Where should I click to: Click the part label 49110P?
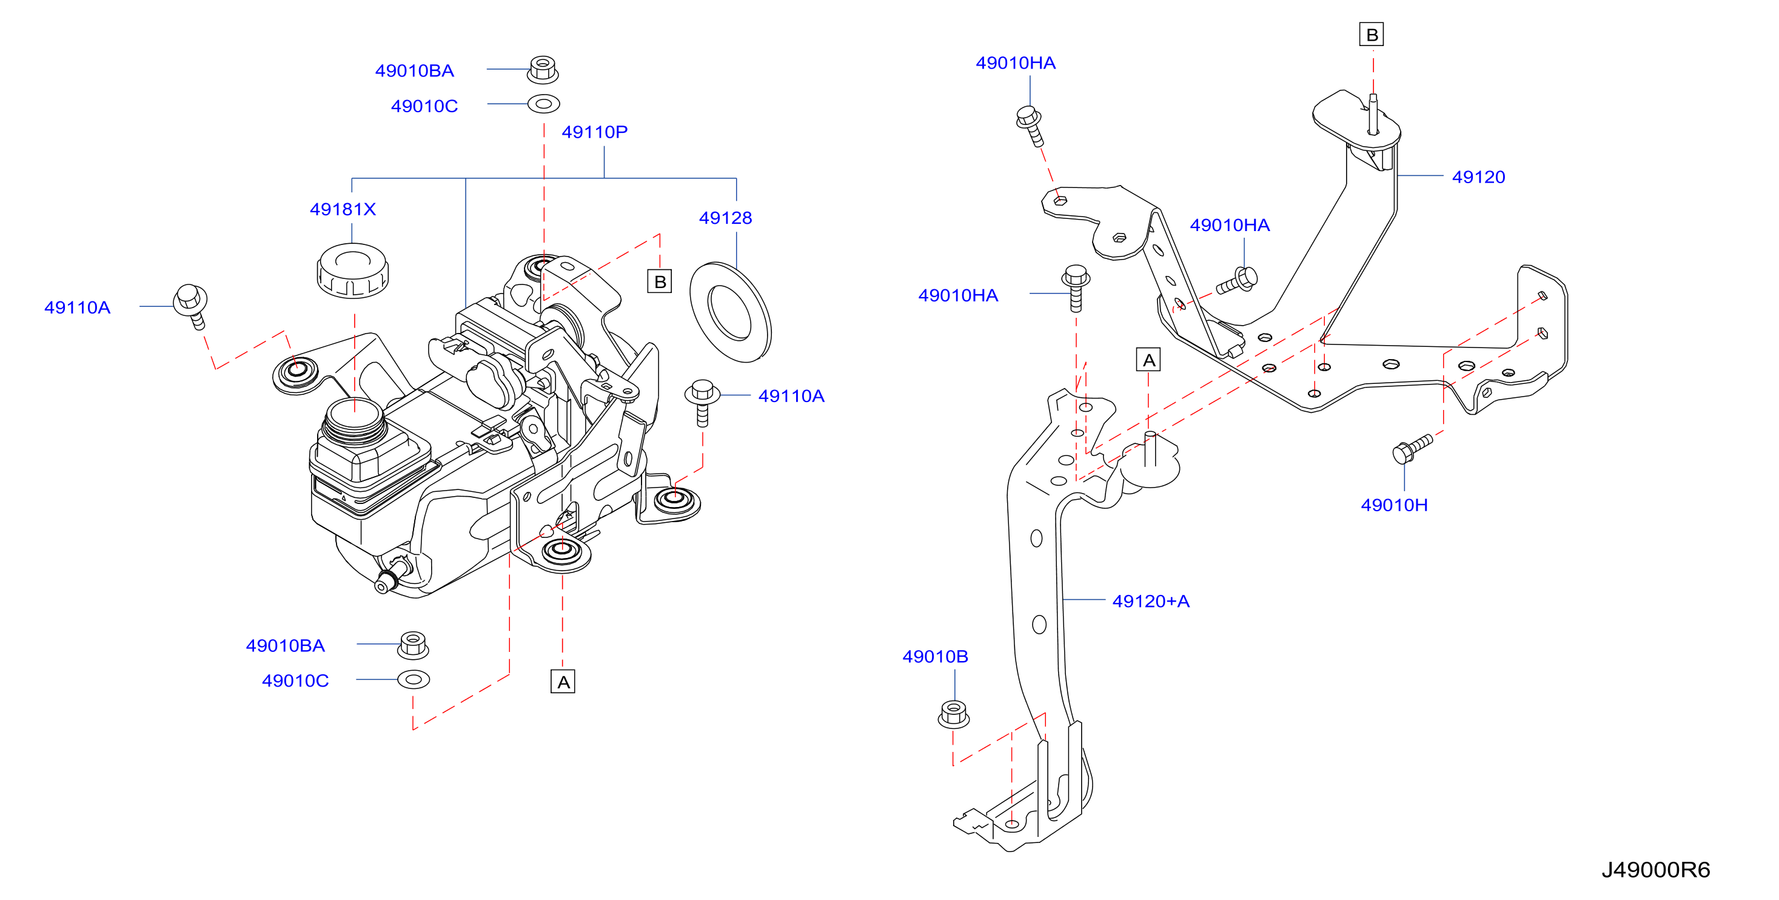(x=595, y=132)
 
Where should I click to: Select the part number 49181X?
(x=343, y=209)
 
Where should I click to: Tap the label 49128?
(x=725, y=218)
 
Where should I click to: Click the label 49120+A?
(x=1151, y=601)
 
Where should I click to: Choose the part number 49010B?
(x=935, y=656)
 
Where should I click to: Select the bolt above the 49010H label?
(x=1412, y=448)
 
